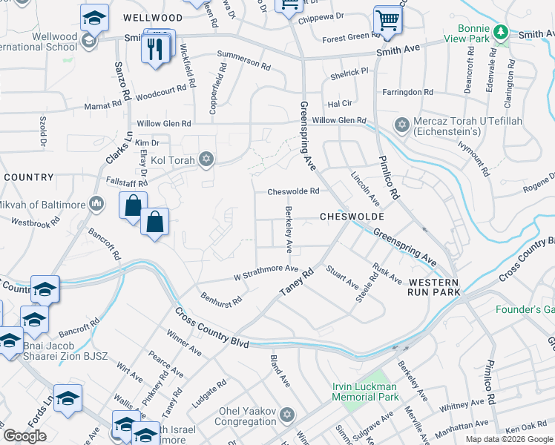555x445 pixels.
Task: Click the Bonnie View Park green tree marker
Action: pyautogui.click(x=502, y=33)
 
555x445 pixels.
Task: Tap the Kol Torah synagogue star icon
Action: pyautogui.click(x=206, y=159)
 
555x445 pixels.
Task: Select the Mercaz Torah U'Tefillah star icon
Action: pyautogui.click(x=402, y=125)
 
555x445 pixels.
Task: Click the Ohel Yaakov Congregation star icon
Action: pyautogui.click(x=287, y=413)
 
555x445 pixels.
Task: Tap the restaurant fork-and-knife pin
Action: pyautogui.click(x=155, y=50)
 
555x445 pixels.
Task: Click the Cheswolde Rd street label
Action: pyautogui.click(x=293, y=191)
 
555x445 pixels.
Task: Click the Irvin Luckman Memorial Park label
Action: pyautogui.click(x=364, y=392)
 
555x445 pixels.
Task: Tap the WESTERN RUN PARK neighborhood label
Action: pyautogui.click(x=435, y=288)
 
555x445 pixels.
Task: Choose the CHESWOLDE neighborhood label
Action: pyautogui.click(x=352, y=217)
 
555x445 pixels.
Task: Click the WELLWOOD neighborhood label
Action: pyautogui.click(x=153, y=17)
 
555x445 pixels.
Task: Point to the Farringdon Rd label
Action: pyautogui.click(x=407, y=93)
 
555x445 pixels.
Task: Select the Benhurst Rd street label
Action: pyautogui.click(x=221, y=299)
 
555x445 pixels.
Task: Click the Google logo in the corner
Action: pyautogui.click(x=24, y=436)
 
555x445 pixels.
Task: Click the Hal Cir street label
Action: pyautogui.click(x=340, y=104)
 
